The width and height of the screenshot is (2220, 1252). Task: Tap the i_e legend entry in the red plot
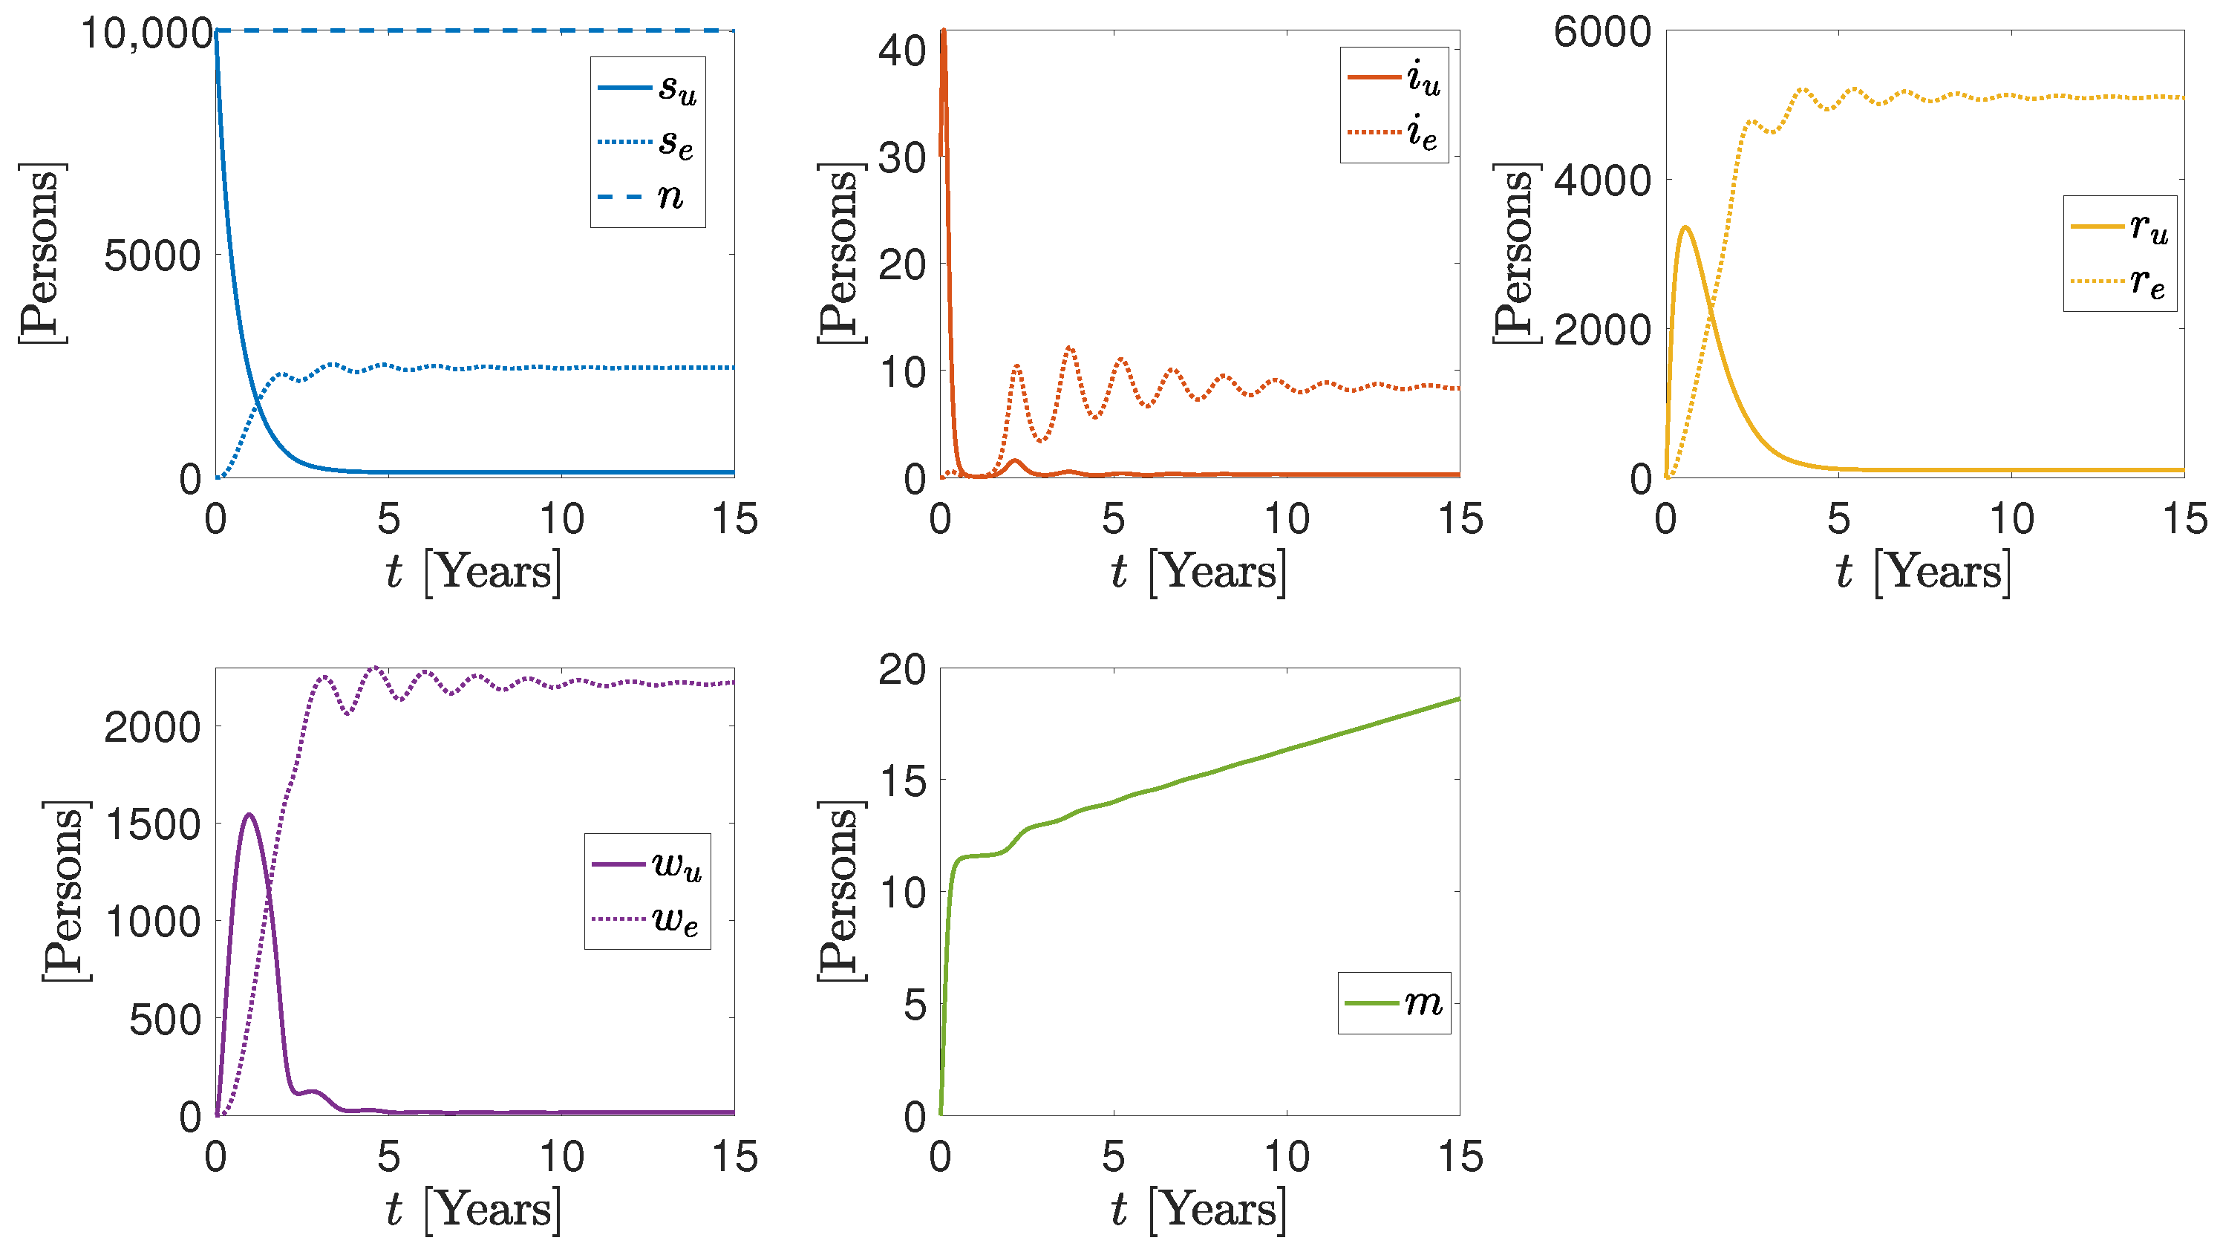pyautogui.click(x=1394, y=133)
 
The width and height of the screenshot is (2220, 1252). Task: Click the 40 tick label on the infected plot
pyautogui.click(x=901, y=52)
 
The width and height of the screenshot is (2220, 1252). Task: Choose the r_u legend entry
pyautogui.click(x=2119, y=226)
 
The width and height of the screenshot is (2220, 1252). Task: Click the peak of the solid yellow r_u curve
pyautogui.click(x=1685, y=227)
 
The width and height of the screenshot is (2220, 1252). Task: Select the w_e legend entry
pyautogui.click(x=647, y=919)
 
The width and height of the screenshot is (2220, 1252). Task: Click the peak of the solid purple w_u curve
pyautogui.click(x=249, y=815)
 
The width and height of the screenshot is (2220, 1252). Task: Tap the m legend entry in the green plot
pyautogui.click(x=1394, y=1003)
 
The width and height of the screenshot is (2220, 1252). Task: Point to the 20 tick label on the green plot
pyautogui.click(x=901, y=671)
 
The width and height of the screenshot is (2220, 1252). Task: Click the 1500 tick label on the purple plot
pyautogui.click(x=152, y=824)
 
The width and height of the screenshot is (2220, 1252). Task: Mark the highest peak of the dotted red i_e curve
pyautogui.click(x=1069, y=348)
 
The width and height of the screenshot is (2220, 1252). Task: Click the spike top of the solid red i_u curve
pyautogui.click(x=944, y=31)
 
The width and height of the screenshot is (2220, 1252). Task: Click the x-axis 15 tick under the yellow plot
pyautogui.click(x=2184, y=520)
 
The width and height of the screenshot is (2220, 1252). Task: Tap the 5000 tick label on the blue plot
pyautogui.click(x=152, y=256)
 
